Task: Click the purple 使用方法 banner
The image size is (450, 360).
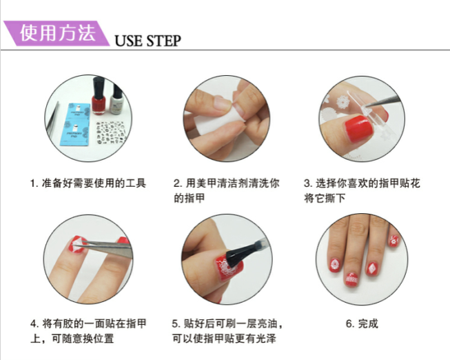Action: [56, 33]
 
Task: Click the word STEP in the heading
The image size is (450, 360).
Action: [163, 41]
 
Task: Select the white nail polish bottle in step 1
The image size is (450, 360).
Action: [116, 99]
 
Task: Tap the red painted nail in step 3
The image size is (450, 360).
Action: [359, 128]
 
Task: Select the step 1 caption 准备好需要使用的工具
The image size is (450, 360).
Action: [94, 183]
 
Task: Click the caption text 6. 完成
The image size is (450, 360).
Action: [362, 324]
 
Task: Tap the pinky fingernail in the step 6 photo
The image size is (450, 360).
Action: [394, 241]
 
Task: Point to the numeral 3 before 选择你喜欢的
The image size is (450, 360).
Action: [307, 183]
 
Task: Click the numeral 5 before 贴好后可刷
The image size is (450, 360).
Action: [175, 324]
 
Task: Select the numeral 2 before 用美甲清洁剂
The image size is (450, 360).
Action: [176, 183]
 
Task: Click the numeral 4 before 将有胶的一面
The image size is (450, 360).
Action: [33, 324]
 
